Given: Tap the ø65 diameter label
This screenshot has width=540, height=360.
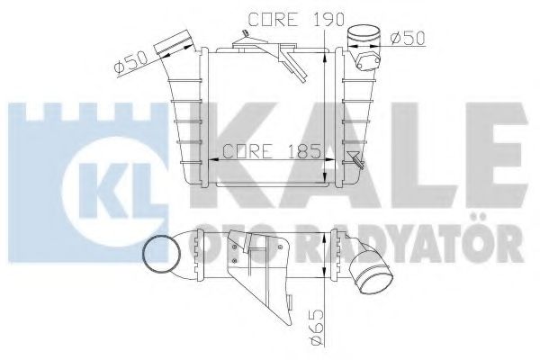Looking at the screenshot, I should [321, 331].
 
